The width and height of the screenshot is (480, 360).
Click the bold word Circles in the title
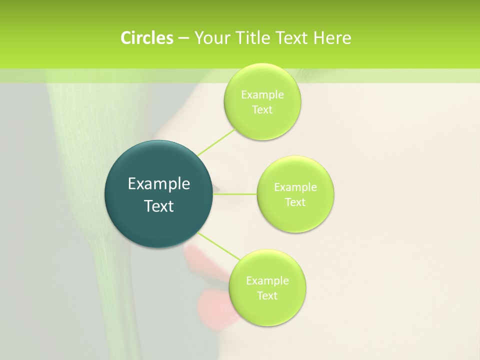(x=147, y=38)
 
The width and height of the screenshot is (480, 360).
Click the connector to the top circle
(x=216, y=142)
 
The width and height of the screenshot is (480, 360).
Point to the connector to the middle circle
(x=235, y=193)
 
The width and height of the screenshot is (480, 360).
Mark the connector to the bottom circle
(x=218, y=245)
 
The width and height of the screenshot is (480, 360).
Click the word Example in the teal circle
(x=159, y=184)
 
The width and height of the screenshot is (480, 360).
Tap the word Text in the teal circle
(x=159, y=206)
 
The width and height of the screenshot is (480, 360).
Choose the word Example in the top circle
(x=262, y=95)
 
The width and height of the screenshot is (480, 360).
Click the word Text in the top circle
(x=262, y=110)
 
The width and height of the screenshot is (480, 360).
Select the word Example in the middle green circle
(x=295, y=187)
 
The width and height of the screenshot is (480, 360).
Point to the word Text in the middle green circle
(x=295, y=202)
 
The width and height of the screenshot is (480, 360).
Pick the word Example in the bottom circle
(x=267, y=281)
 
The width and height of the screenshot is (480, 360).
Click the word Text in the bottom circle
(x=267, y=296)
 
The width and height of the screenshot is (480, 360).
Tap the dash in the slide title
(x=183, y=38)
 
